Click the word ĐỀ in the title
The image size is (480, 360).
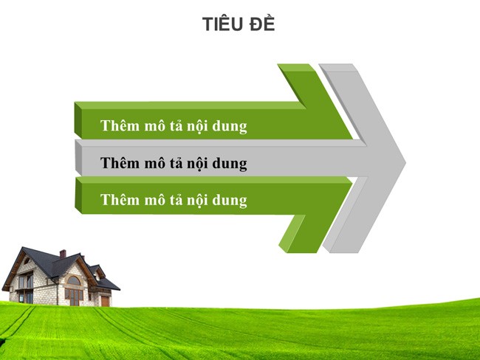coord(262,24)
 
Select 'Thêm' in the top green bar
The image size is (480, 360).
coord(118,126)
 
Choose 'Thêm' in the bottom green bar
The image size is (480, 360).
coord(118,200)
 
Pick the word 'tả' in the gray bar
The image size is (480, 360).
coord(177,163)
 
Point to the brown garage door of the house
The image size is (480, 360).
coord(105,300)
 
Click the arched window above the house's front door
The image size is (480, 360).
coord(74,281)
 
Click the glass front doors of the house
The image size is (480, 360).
coord(74,296)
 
